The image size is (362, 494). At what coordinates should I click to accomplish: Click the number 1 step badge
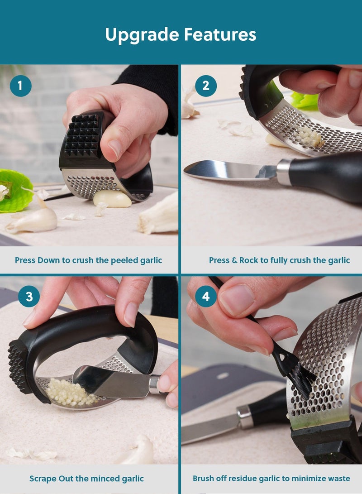(20, 86)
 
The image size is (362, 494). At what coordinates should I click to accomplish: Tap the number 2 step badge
(206, 86)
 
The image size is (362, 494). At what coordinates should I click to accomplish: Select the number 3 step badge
(29, 297)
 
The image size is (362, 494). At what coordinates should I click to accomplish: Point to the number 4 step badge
(206, 297)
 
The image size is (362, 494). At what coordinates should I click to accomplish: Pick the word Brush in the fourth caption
(204, 479)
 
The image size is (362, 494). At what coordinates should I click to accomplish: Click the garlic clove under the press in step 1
(112, 198)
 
